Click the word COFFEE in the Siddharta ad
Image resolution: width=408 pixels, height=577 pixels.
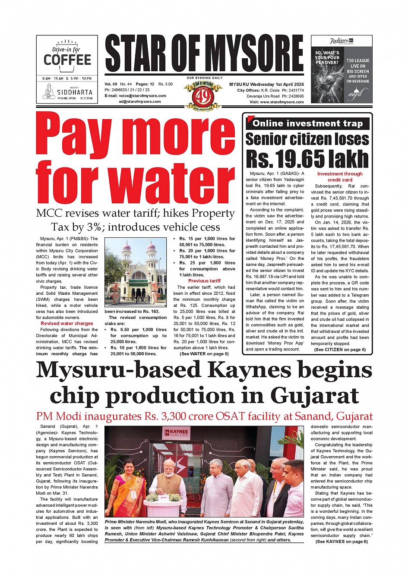point(67,60)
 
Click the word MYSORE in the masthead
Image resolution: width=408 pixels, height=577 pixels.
point(255,54)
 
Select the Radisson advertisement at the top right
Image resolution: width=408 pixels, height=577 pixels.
point(342,69)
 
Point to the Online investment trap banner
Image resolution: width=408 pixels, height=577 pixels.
point(308,123)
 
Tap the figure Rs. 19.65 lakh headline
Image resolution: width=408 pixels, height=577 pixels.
point(307,158)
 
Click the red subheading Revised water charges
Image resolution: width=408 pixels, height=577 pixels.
point(67,323)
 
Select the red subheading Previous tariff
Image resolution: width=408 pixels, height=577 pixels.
point(204,281)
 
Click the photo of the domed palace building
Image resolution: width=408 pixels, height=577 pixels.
point(136,272)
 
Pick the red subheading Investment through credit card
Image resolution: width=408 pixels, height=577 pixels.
point(340,177)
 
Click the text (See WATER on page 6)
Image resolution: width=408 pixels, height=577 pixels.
point(204,354)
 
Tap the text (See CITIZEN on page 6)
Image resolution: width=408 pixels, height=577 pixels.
point(340,350)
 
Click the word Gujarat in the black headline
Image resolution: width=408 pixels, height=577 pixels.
point(315,395)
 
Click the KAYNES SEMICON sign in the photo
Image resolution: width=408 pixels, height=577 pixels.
point(177,433)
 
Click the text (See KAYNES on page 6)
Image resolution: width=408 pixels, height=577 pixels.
point(342,542)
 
